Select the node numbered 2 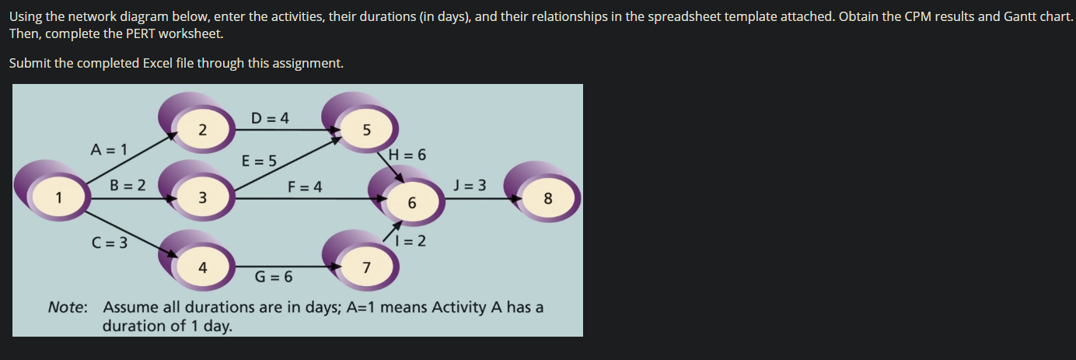pos(201,129)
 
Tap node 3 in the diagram pos(201,197)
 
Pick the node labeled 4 pos(202,267)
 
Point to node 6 pos(412,202)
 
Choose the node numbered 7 pos(366,268)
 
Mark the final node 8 pos(547,198)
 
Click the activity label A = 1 pos(110,149)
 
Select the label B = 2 pos(128,185)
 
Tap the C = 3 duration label pos(110,242)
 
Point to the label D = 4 pos(271,118)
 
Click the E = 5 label pos(259,161)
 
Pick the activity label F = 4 pos(305,187)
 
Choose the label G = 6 pos(274,276)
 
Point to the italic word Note pos(68,307)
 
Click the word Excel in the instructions pos(162,63)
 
